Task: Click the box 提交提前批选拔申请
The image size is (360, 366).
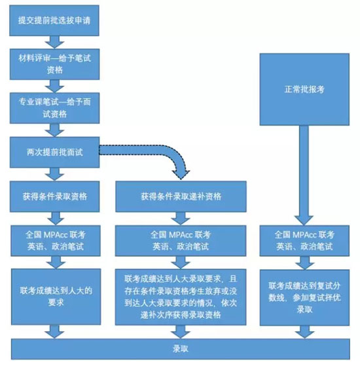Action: (x=56, y=20)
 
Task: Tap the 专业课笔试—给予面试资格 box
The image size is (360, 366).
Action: (x=56, y=107)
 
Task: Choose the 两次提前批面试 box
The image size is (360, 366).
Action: (x=56, y=151)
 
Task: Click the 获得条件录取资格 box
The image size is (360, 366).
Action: (x=56, y=196)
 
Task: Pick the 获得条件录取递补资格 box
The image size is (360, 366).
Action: (x=181, y=196)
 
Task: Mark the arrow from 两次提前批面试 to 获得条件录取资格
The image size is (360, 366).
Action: (x=56, y=173)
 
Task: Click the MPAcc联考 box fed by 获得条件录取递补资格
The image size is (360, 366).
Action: (x=181, y=240)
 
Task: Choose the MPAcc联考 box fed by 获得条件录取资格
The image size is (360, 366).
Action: (x=56, y=240)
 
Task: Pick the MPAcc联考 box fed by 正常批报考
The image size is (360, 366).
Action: (x=303, y=240)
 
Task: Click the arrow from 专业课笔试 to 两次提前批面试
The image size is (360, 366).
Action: (x=56, y=129)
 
